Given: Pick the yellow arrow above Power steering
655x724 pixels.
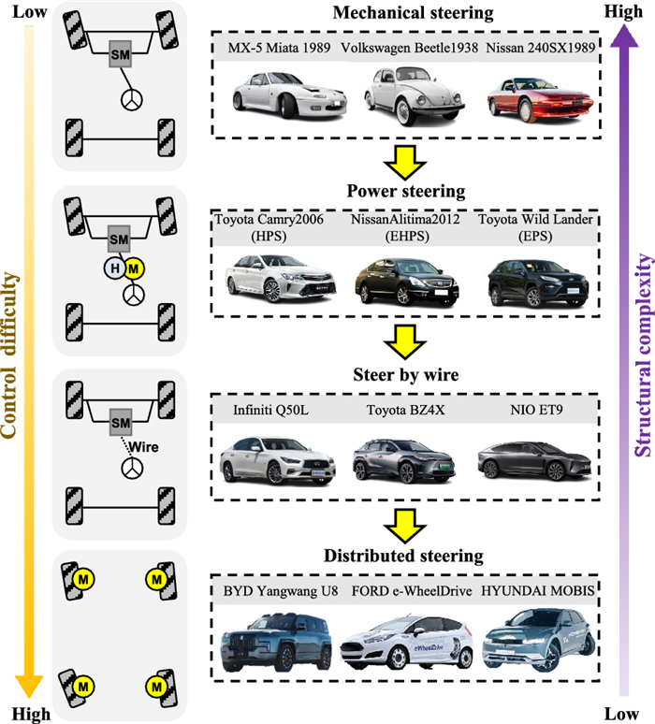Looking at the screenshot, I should tap(407, 159).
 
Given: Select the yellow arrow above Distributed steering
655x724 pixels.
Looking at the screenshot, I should tap(407, 521).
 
